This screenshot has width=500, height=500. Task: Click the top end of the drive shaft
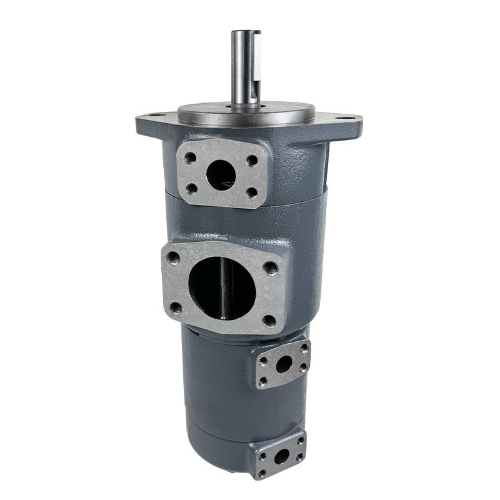(x=246, y=33)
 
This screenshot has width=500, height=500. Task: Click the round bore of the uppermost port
(x=221, y=174)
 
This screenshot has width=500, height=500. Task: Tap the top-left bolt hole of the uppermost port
(x=189, y=158)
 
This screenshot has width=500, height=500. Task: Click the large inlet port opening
(x=222, y=288)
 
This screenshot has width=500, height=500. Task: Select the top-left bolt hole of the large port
(x=174, y=257)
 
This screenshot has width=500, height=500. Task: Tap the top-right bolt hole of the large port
(x=271, y=268)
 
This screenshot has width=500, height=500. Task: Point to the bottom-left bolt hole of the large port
(x=176, y=307)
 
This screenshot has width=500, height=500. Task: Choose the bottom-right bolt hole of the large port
(x=269, y=321)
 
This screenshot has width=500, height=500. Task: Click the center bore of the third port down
(x=283, y=365)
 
